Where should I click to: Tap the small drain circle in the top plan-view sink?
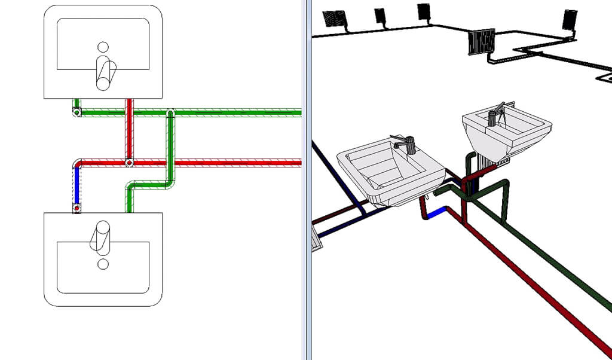click(103, 46)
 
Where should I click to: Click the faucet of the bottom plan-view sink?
click(100, 235)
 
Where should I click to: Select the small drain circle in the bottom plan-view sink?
click(103, 263)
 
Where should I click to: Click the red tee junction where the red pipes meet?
click(128, 162)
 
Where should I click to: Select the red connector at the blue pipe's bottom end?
click(76, 208)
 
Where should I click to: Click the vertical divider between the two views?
click(308, 179)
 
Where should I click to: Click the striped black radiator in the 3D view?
click(481, 42)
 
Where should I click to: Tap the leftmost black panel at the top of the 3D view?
click(333, 19)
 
